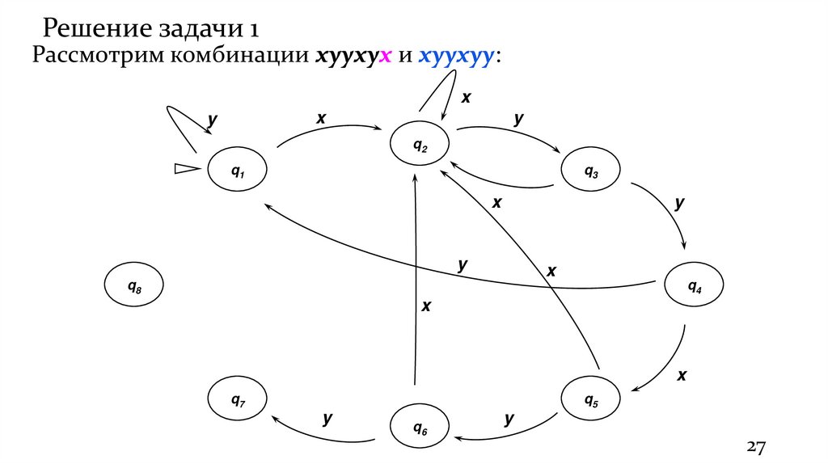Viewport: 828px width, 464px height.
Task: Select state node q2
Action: (420, 146)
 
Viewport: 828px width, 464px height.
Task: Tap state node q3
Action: (591, 172)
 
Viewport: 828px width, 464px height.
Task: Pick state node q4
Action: (694, 285)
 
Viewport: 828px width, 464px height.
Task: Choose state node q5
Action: (591, 399)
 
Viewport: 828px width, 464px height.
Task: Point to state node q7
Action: (238, 399)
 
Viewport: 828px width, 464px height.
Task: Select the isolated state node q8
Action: (134, 285)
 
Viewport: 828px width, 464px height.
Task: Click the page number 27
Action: (755, 447)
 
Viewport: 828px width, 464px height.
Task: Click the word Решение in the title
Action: (91, 30)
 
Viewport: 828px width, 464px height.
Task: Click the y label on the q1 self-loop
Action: (213, 120)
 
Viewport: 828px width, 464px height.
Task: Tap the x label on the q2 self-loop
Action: (466, 98)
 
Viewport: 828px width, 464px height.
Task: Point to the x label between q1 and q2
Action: (321, 118)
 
